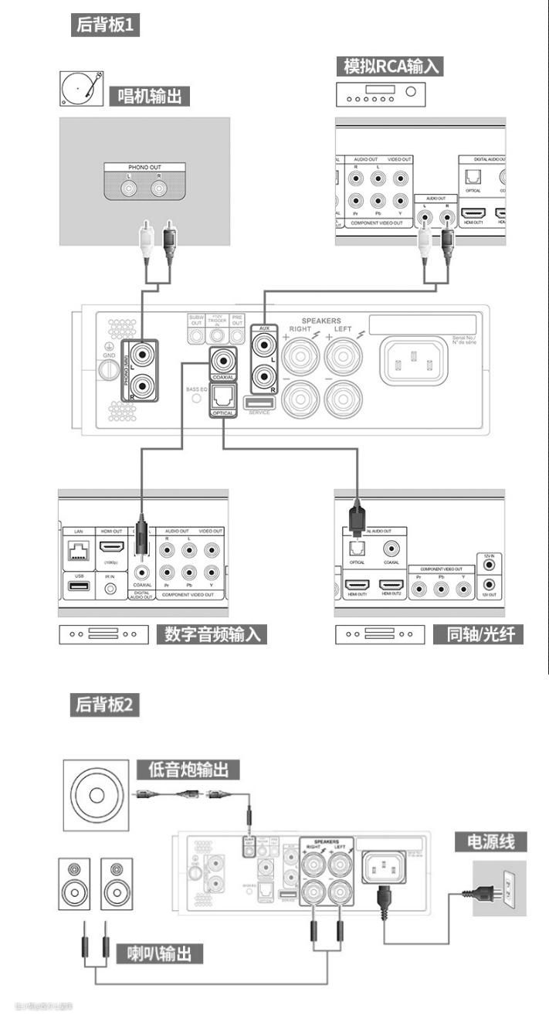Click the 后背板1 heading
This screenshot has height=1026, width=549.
click(106, 25)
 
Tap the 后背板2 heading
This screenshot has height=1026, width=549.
click(106, 705)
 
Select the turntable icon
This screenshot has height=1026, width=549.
click(81, 89)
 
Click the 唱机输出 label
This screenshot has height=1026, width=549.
click(149, 97)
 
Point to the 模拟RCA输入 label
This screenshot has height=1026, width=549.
click(390, 66)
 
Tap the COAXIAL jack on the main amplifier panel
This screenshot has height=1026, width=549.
click(224, 359)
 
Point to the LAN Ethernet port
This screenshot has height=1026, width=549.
click(79, 551)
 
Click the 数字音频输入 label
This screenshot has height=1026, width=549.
click(213, 635)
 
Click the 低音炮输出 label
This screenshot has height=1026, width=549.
click(188, 769)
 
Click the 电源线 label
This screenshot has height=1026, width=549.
click(490, 841)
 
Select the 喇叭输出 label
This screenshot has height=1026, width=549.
click(160, 953)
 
